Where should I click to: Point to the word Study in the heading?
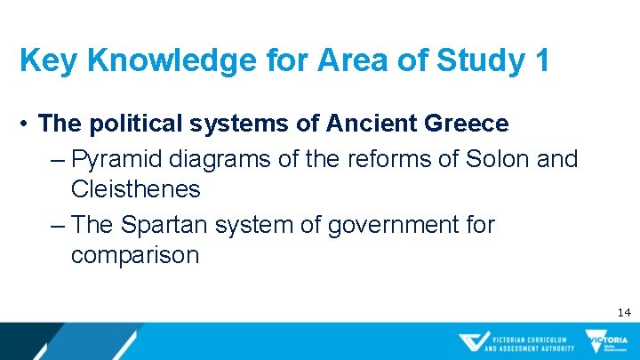(x=476, y=61)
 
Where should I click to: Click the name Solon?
(x=488, y=159)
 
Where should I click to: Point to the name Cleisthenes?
(x=135, y=188)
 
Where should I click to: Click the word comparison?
(x=135, y=255)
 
